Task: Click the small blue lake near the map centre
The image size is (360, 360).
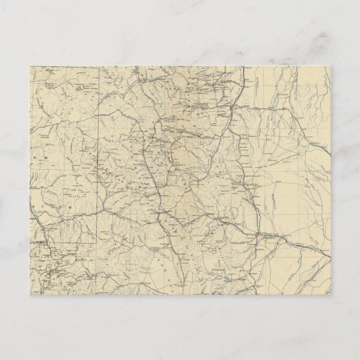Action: click(x=146, y=167)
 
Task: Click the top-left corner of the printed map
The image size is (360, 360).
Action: click(x=29, y=66)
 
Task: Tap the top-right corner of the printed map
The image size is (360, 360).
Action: click(x=331, y=66)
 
